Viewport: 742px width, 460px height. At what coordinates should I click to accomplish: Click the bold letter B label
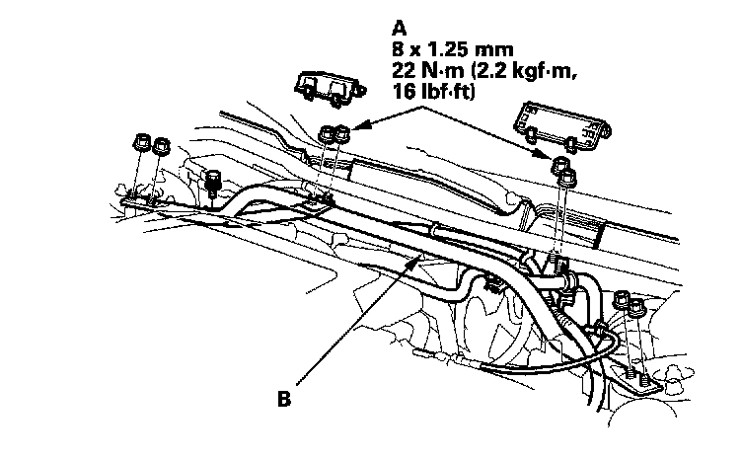click(x=284, y=401)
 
